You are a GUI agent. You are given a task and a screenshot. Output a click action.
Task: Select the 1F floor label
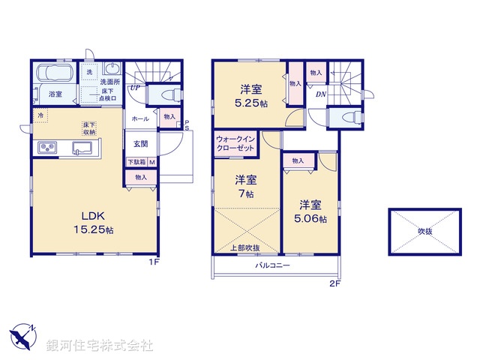tap(154, 262)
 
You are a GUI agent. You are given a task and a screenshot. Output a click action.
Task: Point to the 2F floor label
tap(334, 283)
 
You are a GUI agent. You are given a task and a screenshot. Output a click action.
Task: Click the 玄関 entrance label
tap(141, 143)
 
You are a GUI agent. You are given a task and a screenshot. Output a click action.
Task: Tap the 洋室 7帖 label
tap(245, 187)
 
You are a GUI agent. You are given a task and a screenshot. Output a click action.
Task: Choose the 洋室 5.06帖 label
tap(311, 211)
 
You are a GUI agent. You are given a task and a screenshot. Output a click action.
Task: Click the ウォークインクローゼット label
tap(235, 144)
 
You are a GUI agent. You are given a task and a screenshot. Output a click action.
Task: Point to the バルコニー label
tap(272, 266)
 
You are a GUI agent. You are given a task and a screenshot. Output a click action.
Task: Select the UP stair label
tap(135, 88)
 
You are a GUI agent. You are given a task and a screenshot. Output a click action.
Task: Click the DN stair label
tap(320, 94)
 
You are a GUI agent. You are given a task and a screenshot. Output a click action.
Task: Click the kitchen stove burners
tap(45, 148)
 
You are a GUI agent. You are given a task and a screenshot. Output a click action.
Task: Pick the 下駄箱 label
tap(136, 162)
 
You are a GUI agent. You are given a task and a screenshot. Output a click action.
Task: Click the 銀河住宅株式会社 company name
tap(100, 346)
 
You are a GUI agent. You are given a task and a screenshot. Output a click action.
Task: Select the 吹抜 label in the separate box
tap(425, 230)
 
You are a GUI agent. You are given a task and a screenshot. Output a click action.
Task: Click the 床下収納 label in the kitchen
tap(89, 128)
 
